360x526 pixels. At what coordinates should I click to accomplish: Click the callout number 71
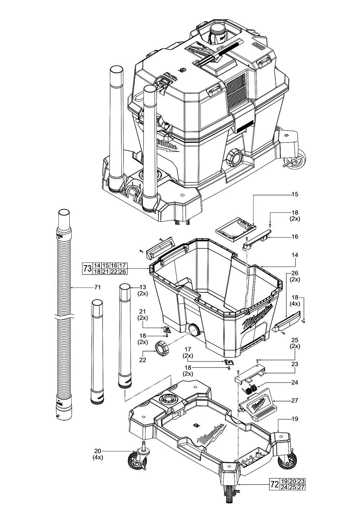[x=97, y=287]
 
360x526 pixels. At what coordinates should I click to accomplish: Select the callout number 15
[x=295, y=194]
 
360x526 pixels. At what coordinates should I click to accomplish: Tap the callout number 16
[x=295, y=237]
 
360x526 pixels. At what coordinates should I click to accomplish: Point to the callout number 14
[x=295, y=255]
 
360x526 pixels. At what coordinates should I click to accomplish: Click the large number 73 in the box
[x=87, y=269]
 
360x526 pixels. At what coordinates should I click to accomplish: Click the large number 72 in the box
[x=274, y=485]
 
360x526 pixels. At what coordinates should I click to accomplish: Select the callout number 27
[x=295, y=400]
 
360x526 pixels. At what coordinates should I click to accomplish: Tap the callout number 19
[x=295, y=419]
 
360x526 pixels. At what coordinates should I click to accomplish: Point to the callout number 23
[x=295, y=364]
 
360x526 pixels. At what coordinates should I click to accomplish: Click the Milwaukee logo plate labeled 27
[x=258, y=407]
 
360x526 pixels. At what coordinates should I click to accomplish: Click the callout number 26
[x=295, y=273]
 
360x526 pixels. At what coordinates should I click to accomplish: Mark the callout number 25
[x=295, y=340]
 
